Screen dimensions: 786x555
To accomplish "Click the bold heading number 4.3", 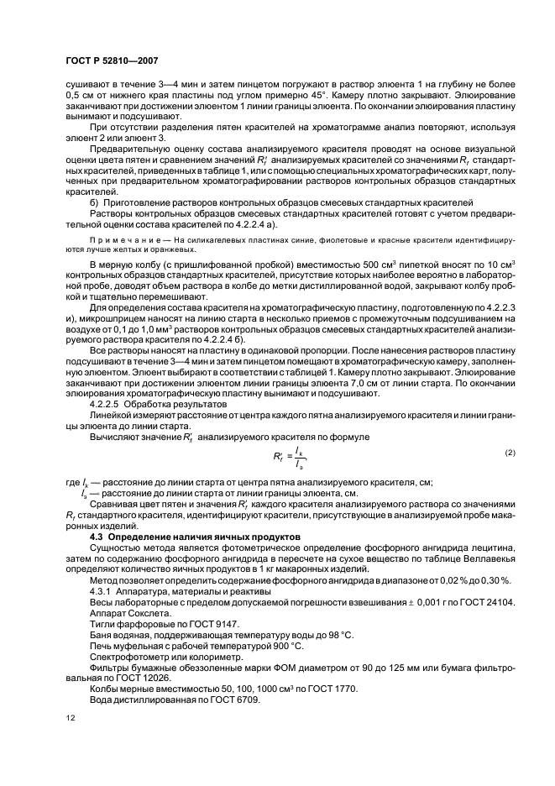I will tap(97, 537).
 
